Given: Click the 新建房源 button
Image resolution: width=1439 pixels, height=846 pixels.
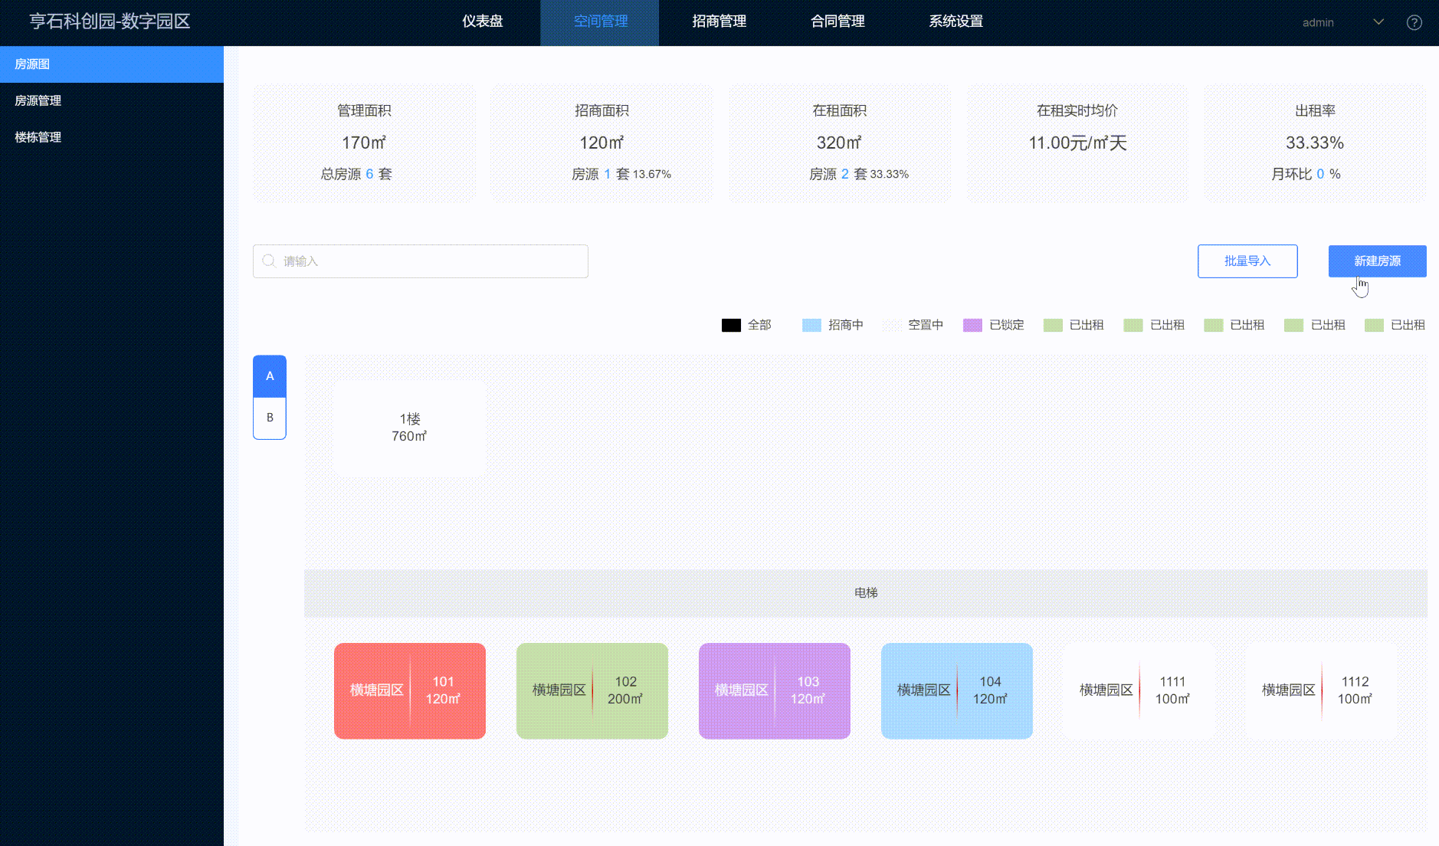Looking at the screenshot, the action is coord(1377,261).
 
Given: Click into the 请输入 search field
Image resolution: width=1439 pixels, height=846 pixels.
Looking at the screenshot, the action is coord(421,261).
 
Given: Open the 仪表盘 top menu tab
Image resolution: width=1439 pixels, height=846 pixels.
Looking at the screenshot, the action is coord(482,21).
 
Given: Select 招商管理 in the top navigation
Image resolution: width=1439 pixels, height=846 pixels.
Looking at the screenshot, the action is coord(719,21).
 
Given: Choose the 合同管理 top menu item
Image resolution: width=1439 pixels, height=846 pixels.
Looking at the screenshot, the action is coord(838,21).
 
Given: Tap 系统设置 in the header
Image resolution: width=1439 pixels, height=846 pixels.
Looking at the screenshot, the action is coord(956,21).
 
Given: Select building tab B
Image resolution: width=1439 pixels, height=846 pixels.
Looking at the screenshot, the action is coord(270,418).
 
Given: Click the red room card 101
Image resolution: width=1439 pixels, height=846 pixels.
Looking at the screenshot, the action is coord(410,690).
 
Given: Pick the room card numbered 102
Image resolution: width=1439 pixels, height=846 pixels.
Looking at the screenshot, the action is coord(592,690).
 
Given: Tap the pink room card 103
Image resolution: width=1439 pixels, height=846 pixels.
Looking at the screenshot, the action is coord(775,690).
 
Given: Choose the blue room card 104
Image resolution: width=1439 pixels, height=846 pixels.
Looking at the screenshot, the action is coord(957,690).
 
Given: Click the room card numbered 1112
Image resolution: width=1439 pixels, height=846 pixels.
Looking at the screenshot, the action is coord(1322,690).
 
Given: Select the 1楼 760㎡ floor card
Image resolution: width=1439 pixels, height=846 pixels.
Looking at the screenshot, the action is coord(410,428).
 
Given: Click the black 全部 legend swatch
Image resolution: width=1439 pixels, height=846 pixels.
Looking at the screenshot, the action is coord(731,325).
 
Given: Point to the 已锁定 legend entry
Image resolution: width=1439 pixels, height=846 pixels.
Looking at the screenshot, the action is coord(994,325).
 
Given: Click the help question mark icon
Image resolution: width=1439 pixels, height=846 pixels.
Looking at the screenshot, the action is coord(1414,22).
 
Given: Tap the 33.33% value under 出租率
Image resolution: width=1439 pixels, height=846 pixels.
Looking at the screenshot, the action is coord(1315,143).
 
